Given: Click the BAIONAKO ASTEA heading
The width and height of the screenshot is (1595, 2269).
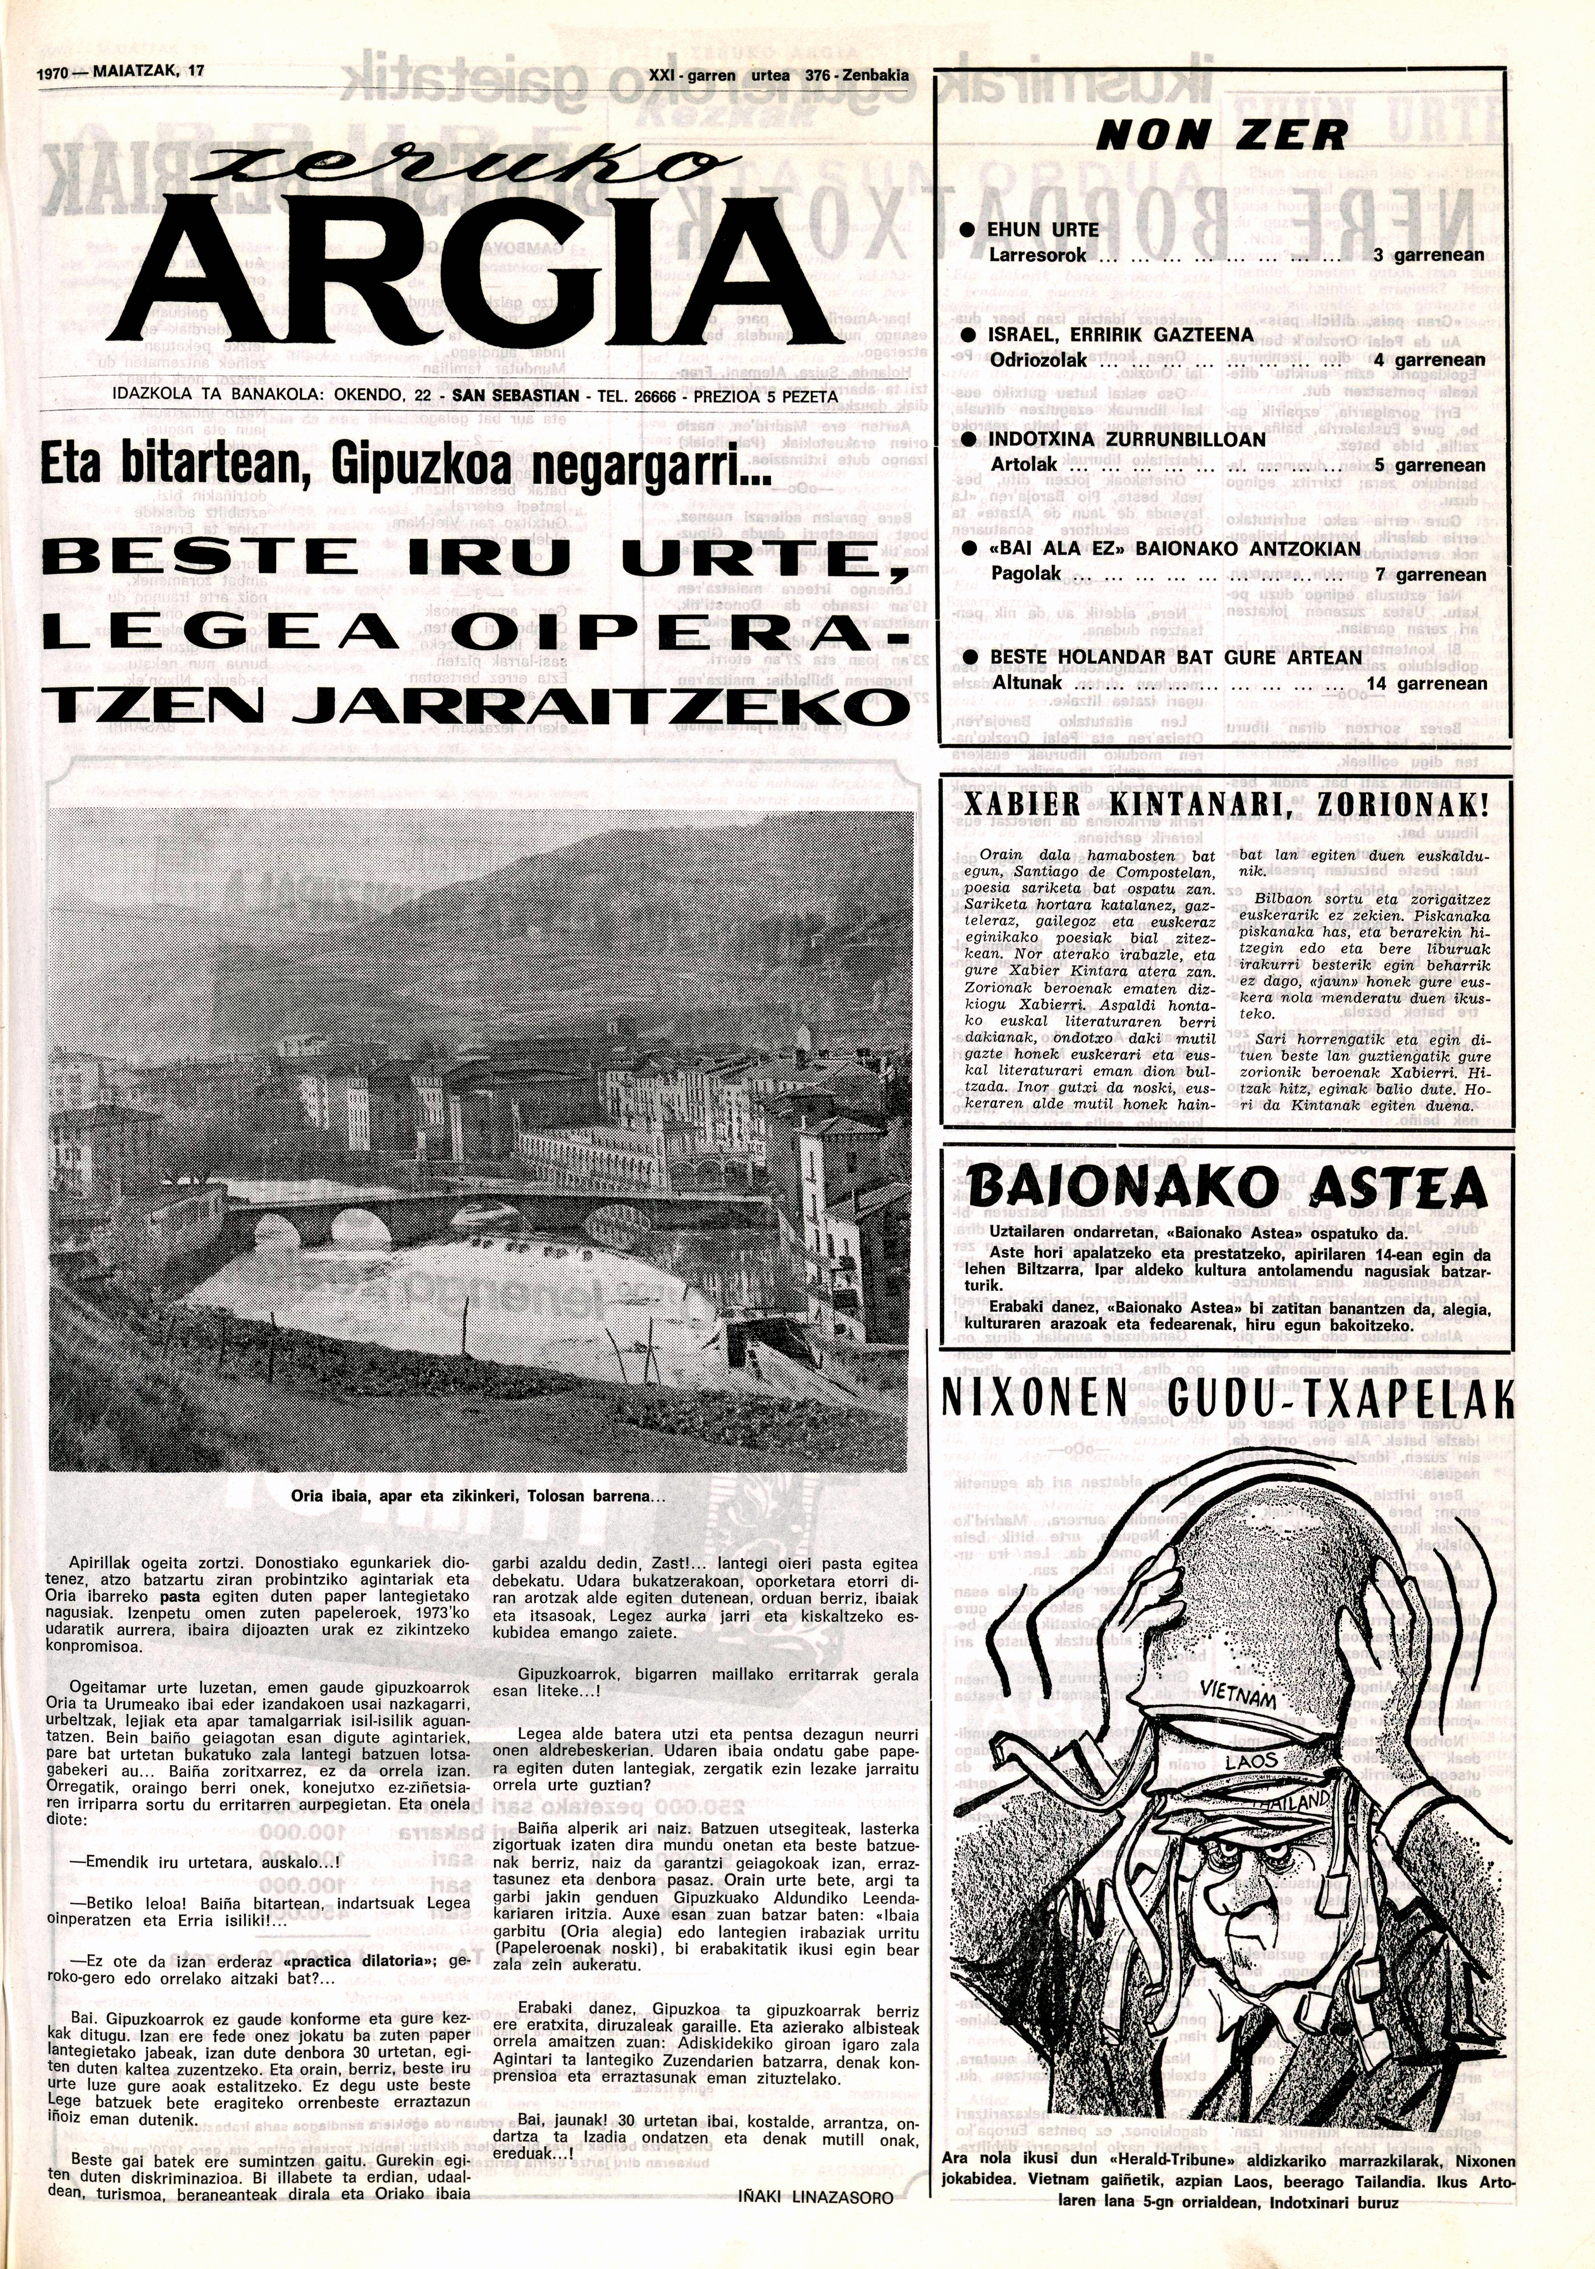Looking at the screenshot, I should coord(1228,1189).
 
